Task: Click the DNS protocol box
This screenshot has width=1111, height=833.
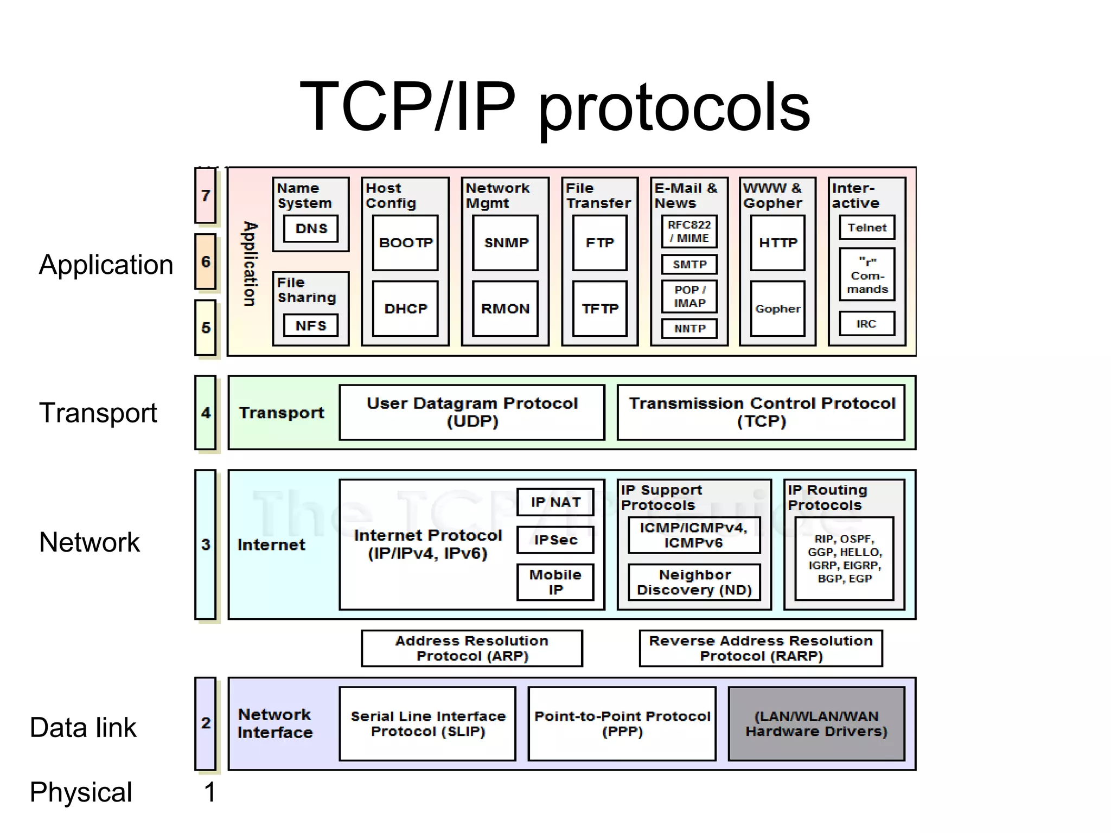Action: coord(311,228)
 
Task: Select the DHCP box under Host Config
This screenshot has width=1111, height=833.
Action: coord(405,309)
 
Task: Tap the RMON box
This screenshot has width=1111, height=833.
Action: coord(505,309)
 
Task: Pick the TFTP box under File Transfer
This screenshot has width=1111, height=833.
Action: coord(600,309)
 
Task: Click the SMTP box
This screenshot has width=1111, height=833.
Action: coord(689,265)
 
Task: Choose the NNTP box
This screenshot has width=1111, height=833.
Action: coord(689,329)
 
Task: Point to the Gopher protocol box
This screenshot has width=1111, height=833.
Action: coord(777,309)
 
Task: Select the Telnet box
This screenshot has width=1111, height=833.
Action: coord(867,228)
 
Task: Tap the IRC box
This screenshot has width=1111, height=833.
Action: coord(867,324)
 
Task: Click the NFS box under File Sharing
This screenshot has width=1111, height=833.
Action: coord(311,326)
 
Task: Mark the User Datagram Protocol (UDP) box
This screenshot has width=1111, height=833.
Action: coord(472,412)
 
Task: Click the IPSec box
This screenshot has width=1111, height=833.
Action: coord(555,540)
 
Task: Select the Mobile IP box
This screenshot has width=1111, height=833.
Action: coord(555,582)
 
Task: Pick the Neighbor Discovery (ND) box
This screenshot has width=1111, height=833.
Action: coord(694,582)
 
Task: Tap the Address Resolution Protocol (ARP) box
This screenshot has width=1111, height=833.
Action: coord(472,648)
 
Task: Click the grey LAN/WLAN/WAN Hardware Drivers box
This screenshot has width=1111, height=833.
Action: coord(816,723)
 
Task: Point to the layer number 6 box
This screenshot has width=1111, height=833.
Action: coord(206,262)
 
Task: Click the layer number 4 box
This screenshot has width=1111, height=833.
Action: coord(206,413)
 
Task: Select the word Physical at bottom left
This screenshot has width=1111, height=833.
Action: coord(81,792)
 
